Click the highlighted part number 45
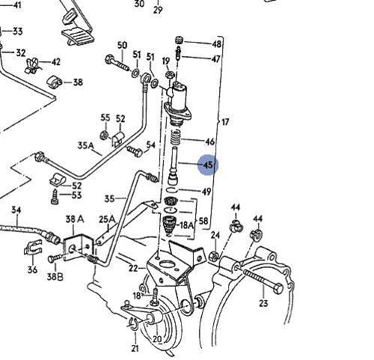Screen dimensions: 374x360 [208, 165]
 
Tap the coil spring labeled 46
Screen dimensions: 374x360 [176, 137]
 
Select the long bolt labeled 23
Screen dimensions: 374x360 [263, 281]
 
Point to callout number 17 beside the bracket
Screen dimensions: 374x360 [224, 122]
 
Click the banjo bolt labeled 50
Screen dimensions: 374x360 [117, 63]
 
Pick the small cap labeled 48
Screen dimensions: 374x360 [180, 40]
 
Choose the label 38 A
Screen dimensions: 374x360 [75, 219]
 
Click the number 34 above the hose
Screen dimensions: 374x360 [16, 210]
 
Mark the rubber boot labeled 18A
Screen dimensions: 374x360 [170, 225]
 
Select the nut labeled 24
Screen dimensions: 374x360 [214, 256]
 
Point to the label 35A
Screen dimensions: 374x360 [85, 145]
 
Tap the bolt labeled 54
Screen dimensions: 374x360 [135, 150]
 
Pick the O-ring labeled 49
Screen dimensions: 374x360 [172, 189]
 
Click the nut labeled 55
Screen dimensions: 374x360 [104, 135]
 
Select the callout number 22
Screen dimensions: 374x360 [133, 268]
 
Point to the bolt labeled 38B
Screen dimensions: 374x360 [55, 258]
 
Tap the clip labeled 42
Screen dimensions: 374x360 [32, 65]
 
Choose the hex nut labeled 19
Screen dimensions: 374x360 [170, 74]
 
